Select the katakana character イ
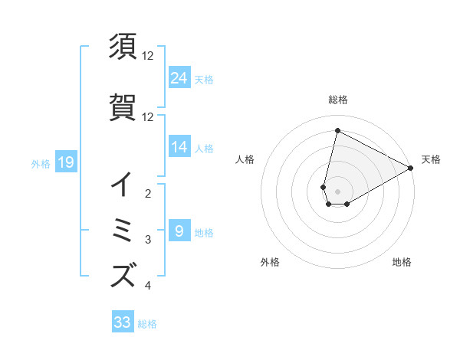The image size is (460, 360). point(123,183)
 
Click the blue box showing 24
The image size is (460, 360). point(179,78)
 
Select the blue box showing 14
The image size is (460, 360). point(179,147)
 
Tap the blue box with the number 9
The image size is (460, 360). point(179,231)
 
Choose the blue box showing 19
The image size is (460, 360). point(65,162)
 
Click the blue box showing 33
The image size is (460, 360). point(123,322)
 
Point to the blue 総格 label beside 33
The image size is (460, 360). point(147,324)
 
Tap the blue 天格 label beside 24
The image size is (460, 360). point(204,80)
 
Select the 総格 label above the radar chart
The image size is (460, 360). point(338,100)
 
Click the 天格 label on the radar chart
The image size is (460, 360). point(431,159)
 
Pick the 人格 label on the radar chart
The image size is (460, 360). point(245,159)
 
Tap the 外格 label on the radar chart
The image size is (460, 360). point(270,262)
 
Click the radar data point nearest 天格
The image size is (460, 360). point(412,168)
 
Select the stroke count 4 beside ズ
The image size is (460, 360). point(148,286)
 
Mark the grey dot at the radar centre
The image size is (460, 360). point(338,191)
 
